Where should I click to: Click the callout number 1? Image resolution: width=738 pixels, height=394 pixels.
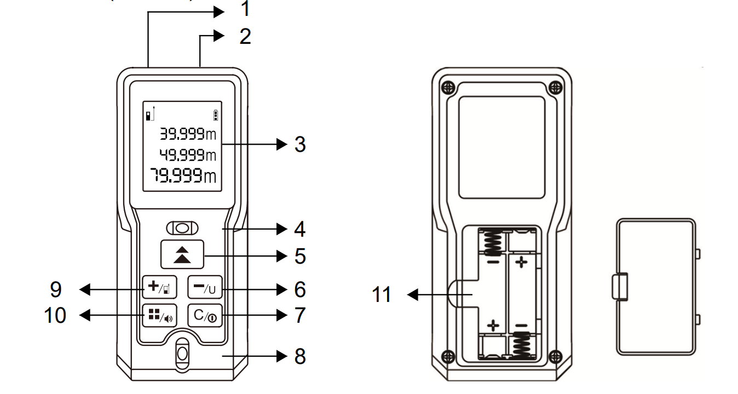(245, 9)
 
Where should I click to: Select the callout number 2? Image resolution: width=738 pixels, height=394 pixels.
(245, 36)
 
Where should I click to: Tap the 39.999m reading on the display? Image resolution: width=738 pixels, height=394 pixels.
(188, 134)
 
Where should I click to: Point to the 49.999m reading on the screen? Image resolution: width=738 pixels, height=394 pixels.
(188, 155)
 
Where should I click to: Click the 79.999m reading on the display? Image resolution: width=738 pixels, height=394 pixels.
(183, 175)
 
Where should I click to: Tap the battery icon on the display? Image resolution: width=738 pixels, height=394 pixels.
(216, 115)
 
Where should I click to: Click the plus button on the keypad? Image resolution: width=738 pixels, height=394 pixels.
(159, 287)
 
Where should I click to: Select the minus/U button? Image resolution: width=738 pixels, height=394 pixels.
(205, 287)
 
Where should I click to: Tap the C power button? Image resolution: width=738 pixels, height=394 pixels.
(205, 316)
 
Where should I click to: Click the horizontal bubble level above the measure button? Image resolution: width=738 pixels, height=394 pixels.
(182, 228)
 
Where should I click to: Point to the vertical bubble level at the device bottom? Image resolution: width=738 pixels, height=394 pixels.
(182, 354)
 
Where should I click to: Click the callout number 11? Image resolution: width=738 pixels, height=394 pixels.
(381, 294)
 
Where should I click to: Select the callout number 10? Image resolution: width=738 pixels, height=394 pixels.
(55, 315)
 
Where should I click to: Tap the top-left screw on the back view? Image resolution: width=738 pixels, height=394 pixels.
(448, 88)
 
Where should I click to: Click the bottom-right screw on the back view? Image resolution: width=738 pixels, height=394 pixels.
(556, 356)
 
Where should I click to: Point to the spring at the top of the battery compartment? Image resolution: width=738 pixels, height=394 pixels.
(493, 243)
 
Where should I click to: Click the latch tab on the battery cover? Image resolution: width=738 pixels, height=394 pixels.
(620, 287)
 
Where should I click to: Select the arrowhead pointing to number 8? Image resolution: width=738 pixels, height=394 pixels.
(282, 356)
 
